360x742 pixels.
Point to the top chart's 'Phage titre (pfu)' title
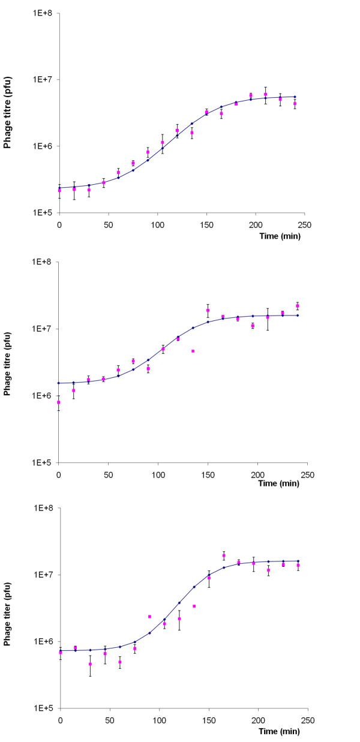[8, 114]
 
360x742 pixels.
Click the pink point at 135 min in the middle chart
[193, 351]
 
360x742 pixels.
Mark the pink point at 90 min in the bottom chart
[149, 617]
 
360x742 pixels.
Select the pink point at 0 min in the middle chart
[59, 402]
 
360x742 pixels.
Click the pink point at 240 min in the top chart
[295, 104]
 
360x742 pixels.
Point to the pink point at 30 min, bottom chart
[90, 664]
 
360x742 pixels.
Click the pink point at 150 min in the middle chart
[208, 311]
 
